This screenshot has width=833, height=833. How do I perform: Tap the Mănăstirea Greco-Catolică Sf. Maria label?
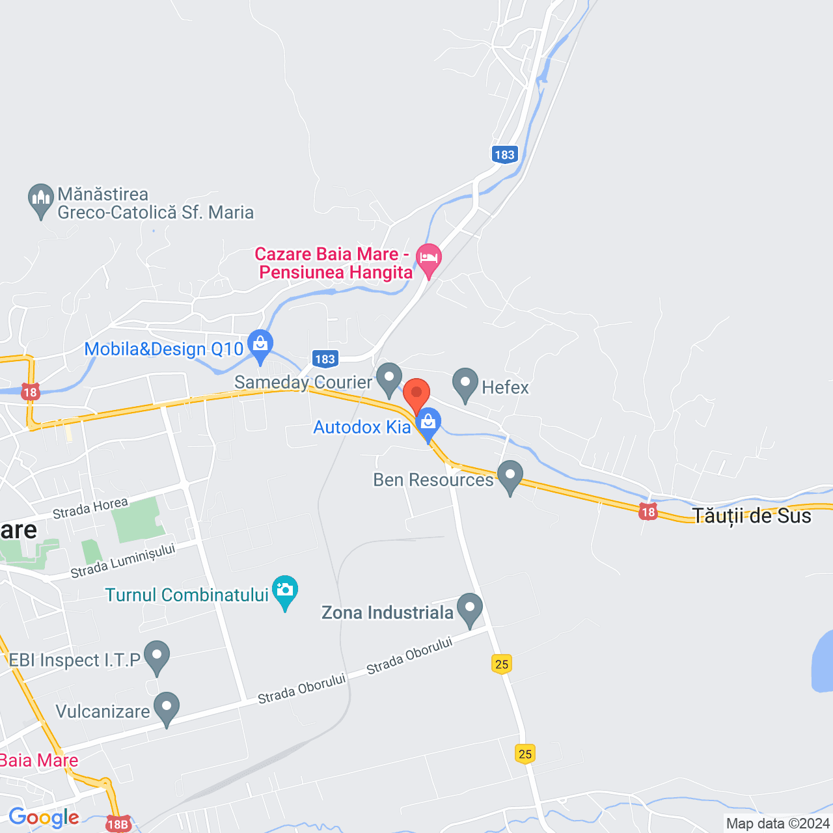click(x=155, y=204)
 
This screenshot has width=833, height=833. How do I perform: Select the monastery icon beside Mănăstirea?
click(x=41, y=199)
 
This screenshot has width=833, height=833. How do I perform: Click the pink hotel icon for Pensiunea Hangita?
click(x=428, y=258)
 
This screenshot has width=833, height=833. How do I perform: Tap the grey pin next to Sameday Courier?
click(x=389, y=377)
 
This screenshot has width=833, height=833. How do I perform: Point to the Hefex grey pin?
click(x=465, y=383)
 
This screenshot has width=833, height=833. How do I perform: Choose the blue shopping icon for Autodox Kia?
click(x=428, y=422)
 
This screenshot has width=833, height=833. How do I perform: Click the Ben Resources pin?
click(x=510, y=475)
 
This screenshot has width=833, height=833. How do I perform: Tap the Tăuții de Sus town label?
click(x=752, y=516)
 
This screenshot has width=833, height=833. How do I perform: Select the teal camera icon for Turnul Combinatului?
click(x=284, y=590)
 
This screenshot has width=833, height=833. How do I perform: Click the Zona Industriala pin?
click(x=470, y=608)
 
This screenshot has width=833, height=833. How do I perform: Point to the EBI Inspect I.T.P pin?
click(x=157, y=655)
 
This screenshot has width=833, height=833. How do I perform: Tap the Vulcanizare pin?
click(x=167, y=707)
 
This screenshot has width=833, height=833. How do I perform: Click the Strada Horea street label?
click(x=90, y=508)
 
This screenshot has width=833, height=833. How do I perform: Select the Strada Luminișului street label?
click(x=123, y=561)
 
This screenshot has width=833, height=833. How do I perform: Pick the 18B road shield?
click(x=118, y=825)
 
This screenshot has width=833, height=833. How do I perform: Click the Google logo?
click(x=44, y=817)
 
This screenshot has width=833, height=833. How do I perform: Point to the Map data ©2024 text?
click(x=778, y=824)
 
